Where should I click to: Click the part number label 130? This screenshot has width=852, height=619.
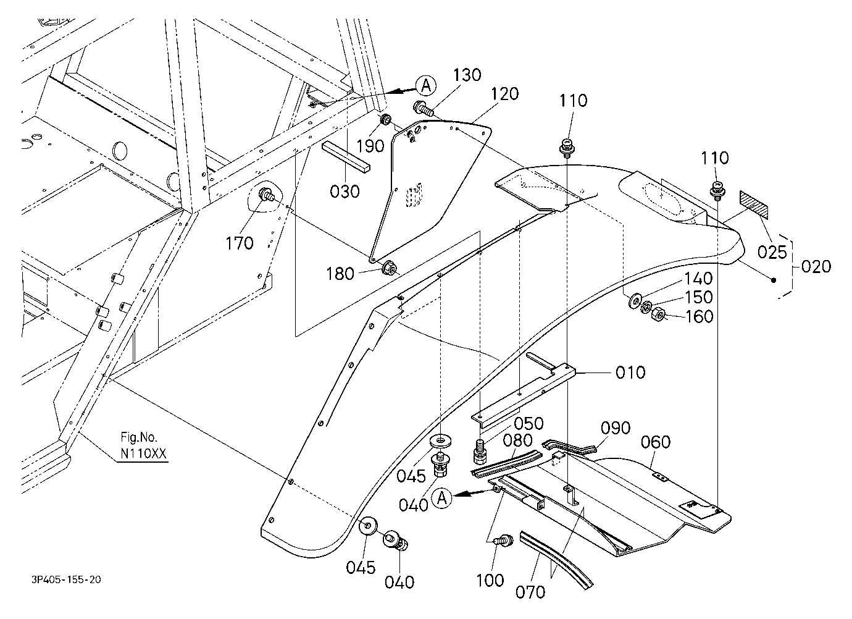click(x=467, y=75)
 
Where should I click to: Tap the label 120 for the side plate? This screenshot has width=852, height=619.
click(x=504, y=94)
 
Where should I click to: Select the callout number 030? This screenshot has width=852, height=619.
click(x=345, y=192)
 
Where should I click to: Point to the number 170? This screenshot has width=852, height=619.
click(x=240, y=243)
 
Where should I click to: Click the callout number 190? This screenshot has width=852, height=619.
click(x=370, y=146)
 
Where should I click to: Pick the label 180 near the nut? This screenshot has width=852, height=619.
click(x=340, y=274)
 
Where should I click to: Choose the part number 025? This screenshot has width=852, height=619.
click(x=772, y=252)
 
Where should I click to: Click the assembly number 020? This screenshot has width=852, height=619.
click(x=816, y=266)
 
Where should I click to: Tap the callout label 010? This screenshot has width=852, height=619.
click(x=630, y=373)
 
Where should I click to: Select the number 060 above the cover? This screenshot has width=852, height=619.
click(x=656, y=442)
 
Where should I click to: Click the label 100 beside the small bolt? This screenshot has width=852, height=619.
click(x=490, y=581)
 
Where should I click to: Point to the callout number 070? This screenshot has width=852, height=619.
click(x=530, y=592)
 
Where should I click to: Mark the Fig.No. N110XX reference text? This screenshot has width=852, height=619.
click(x=143, y=445)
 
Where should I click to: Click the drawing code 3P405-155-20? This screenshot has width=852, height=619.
click(x=66, y=579)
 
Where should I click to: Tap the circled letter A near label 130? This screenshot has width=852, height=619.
click(x=426, y=85)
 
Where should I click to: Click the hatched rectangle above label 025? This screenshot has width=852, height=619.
click(x=753, y=205)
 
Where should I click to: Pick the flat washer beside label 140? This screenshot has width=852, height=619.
click(x=635, y=301)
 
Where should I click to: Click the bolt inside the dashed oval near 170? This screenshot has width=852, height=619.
click(x=266, y=195)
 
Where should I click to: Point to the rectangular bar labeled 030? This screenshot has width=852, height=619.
click(x=346, y=157)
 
